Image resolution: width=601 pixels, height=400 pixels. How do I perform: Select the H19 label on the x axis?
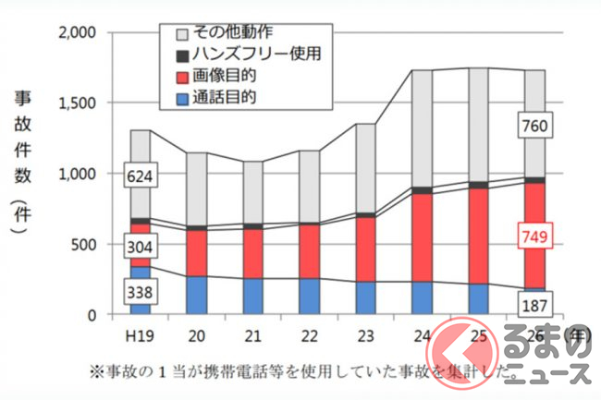click(140, 333)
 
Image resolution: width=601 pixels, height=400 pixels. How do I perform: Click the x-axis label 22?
click(311, 333)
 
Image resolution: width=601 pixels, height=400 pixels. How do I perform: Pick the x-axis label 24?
click(423, 333)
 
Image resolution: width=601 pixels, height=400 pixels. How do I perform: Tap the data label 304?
click(140, 247)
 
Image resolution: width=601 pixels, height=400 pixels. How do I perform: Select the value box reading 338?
click(140, 294)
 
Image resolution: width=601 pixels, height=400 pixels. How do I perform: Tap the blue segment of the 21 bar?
click(252, 296)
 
